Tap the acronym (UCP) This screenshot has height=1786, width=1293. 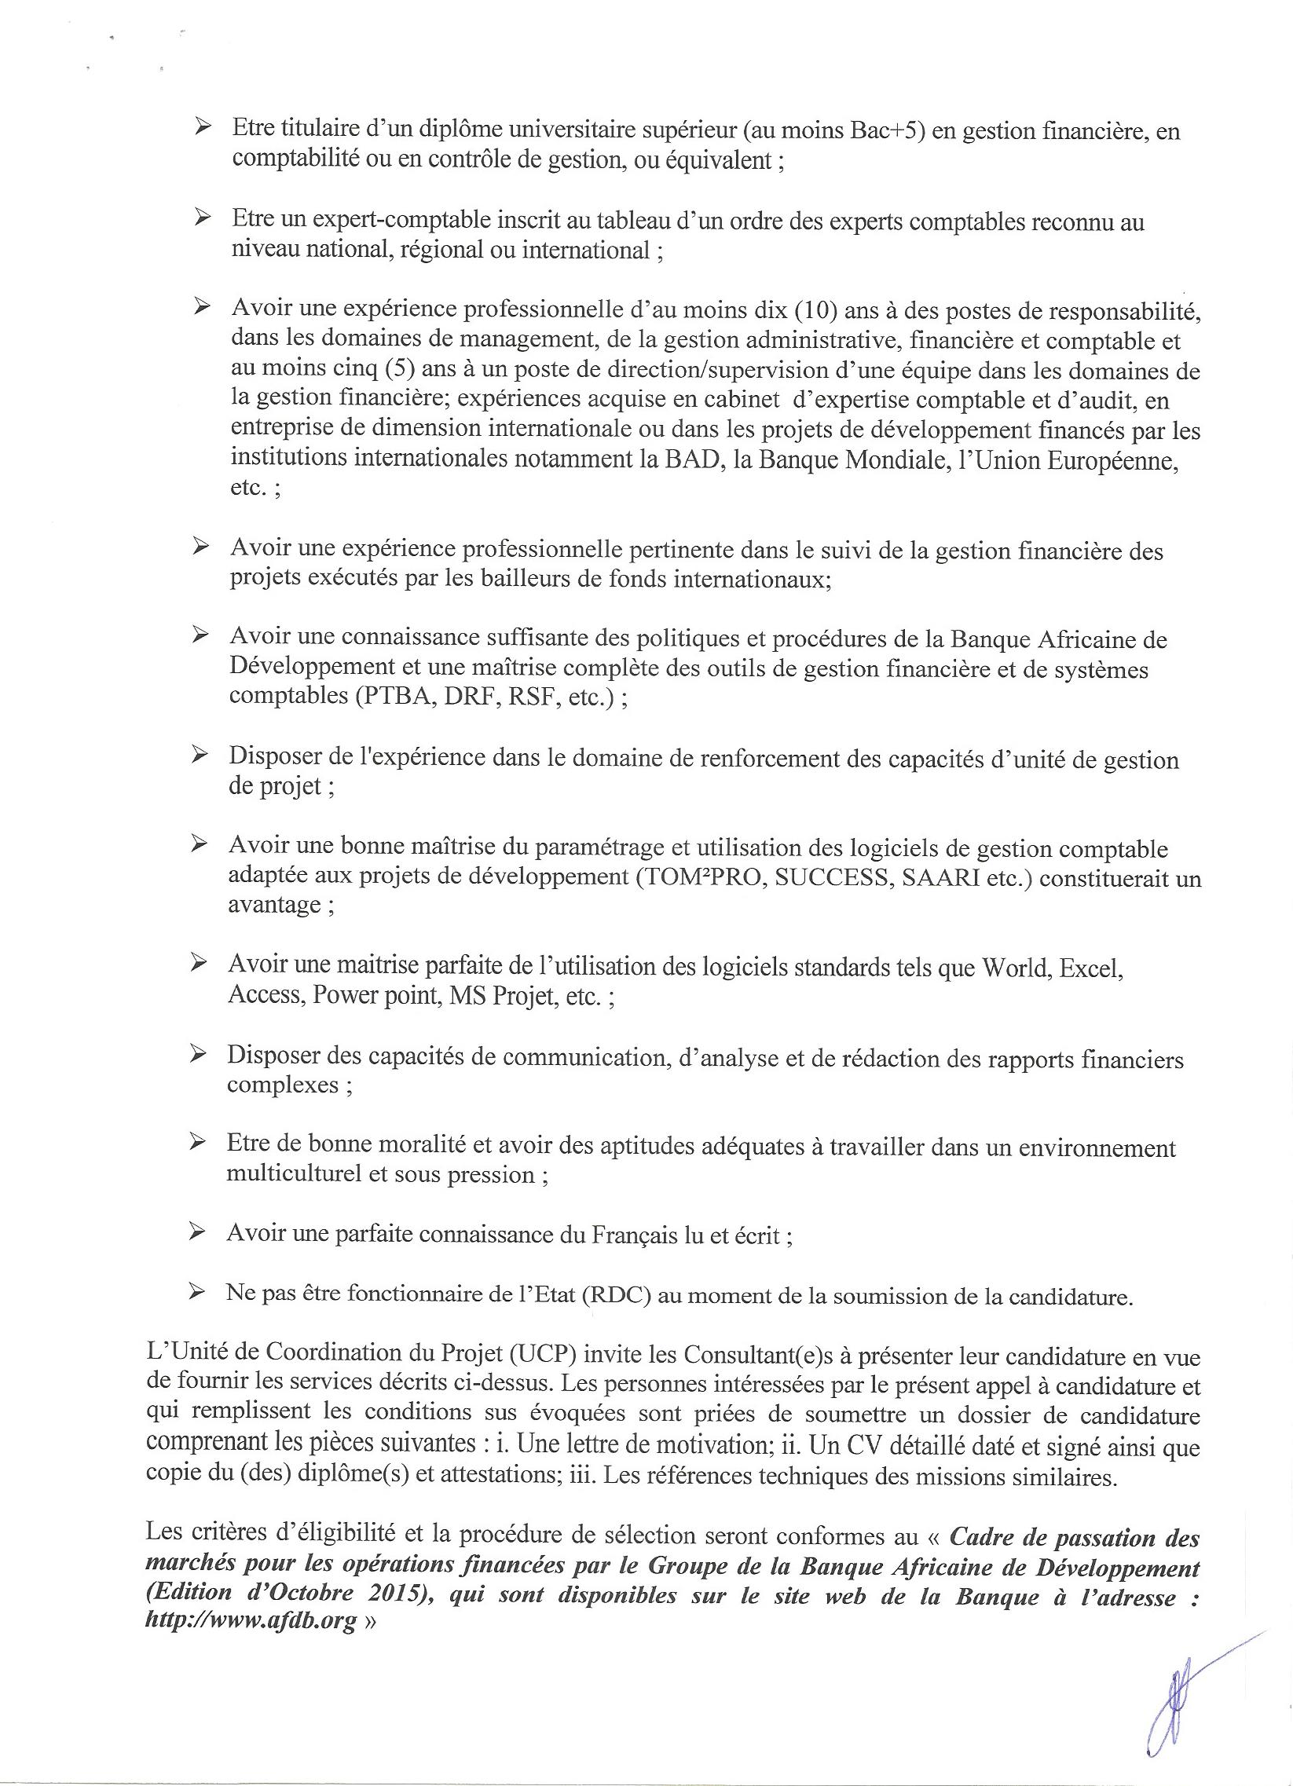pos(545,1354)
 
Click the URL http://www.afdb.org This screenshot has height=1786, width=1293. pos(251,1623)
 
